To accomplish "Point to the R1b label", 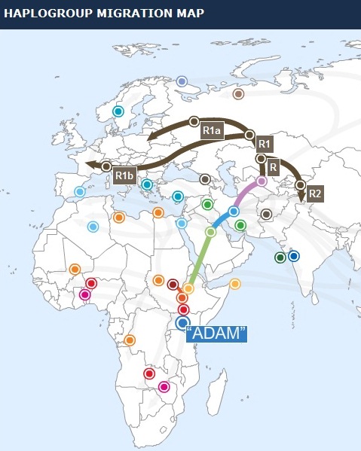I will pos(124,175).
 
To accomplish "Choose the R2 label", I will pos(315,193).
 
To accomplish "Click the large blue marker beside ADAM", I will pos(182,323).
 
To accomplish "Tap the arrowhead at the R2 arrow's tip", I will pos(303,199).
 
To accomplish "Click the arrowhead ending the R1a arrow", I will pos(151,136).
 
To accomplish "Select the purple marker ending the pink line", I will pos(262,181).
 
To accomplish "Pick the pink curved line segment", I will pos(246,196).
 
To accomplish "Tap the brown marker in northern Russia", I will pos(238,94).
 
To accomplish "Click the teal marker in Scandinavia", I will pos(118,111).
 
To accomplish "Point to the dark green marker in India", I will pos(280,257).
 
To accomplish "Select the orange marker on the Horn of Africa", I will pos(234,284).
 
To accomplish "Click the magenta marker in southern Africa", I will pos(164,387).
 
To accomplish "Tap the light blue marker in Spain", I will pos(80,192).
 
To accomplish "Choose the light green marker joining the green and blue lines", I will pos(210,232).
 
